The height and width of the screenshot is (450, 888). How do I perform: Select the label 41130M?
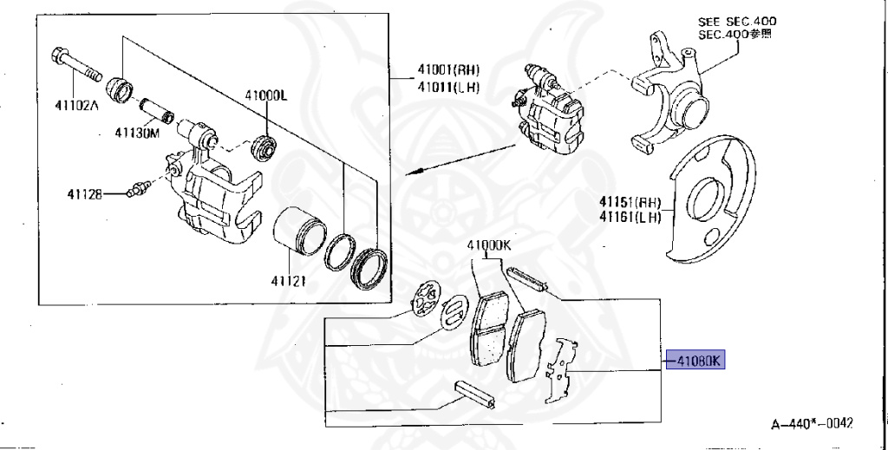(x=137, y=134)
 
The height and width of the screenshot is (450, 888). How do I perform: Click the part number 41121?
(x=287, y=281)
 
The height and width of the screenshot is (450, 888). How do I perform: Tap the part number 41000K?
(x=485, y=245)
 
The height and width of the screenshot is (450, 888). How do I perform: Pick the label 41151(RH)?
(x=629, y=201)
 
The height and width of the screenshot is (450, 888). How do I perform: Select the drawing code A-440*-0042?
(x=813, y=424)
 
